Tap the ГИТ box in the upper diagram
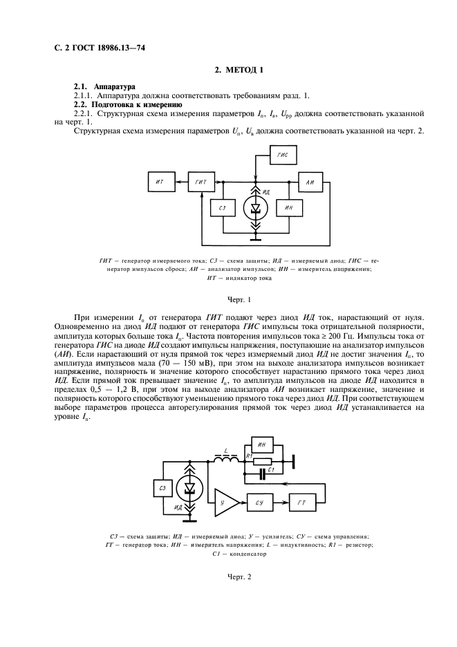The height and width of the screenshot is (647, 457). pyautogui.click(x=200, y=182)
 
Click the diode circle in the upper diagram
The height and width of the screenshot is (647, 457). pyautogui.click(x=256, y=207)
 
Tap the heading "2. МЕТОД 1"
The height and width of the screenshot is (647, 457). pyautogui.click(x=239, y=70)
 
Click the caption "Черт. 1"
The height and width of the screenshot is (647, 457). pyautogui.click(x=239, y=299)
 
